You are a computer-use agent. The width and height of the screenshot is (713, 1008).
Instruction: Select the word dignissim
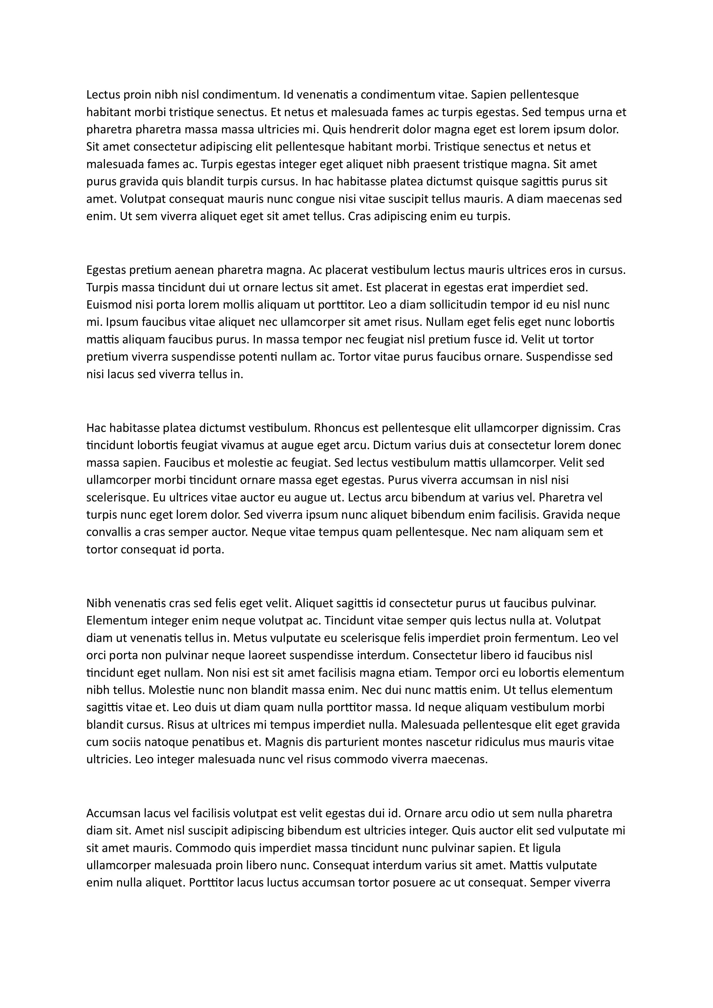[x=567, y=428]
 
